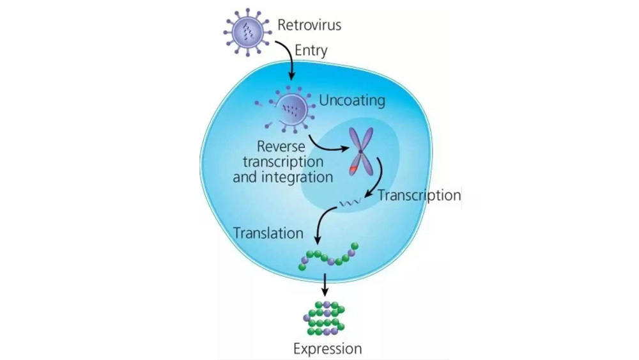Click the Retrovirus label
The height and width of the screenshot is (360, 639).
click(309, 26)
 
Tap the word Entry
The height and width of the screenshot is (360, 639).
click(311, 50)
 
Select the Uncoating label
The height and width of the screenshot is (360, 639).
click(351, 100)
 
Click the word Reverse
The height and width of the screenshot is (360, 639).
click(281, 146)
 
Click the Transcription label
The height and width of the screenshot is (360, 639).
click(419, 195)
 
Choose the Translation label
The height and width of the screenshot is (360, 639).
click(268, 233)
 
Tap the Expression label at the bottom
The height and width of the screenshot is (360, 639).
click(327, 348)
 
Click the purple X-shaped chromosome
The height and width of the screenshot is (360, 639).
click(362, 151)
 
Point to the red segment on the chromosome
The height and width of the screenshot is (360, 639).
click(354, 169)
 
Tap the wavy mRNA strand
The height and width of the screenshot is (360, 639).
click(350, 203)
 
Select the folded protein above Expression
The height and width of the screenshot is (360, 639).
click(325, 318)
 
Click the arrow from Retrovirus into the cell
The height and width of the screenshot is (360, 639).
click(288, 61)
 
